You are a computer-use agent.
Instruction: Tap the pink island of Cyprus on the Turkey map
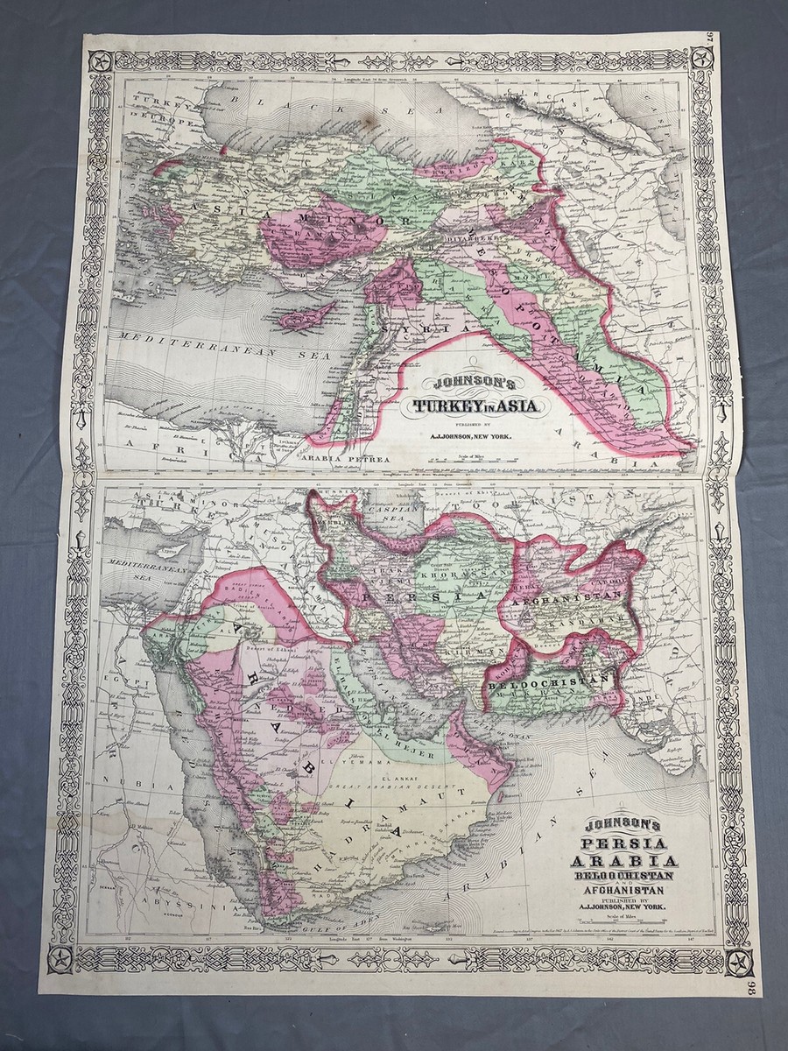306,315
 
